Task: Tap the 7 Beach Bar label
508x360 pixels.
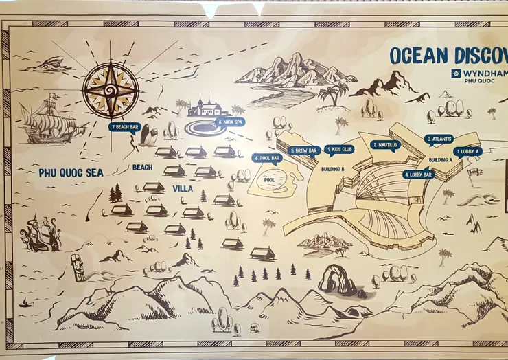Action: click(x=124, y=126)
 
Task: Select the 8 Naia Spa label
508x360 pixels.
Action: click(x=230, y=122)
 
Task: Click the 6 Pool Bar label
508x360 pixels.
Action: click(x=267, y=158)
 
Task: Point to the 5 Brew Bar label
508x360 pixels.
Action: click(x=303, y=150)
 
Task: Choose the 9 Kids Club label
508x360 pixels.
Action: click(x=339, y=149)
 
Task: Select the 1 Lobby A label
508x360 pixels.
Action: click(x=467, y=151)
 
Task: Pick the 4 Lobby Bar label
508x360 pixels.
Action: click(x=418, y=175)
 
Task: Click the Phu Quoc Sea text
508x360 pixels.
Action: click(x=71, y=173)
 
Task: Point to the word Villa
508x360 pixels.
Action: click(x=182, y=188)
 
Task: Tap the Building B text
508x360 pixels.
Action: click(x=332, y=168)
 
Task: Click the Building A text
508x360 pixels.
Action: click(x=440, y=160)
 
